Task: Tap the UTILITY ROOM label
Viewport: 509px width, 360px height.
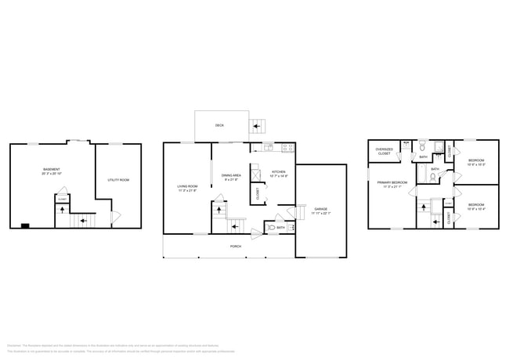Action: pyautogui.click(x=117, y=181)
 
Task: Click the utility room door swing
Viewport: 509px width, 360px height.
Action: pyautogui.click(x=116, y=216)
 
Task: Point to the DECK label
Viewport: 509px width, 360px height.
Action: pyautogui.click(x=220, y=125)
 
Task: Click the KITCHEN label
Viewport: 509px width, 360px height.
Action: pyautogui.click(x=279, y=171)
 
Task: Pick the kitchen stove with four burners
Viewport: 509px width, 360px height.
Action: pyautogui.click(x=287, y=147)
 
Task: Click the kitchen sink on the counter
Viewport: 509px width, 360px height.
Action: pyautogui.click(x=267, y=147)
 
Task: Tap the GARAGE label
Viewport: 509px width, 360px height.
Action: pyautogui.click(x=320, y=209)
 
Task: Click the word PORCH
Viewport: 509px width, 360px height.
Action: pyautogui.click(x=235, y=246)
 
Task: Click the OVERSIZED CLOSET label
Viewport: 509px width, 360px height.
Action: pyautogui.click(x=384, y=151)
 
